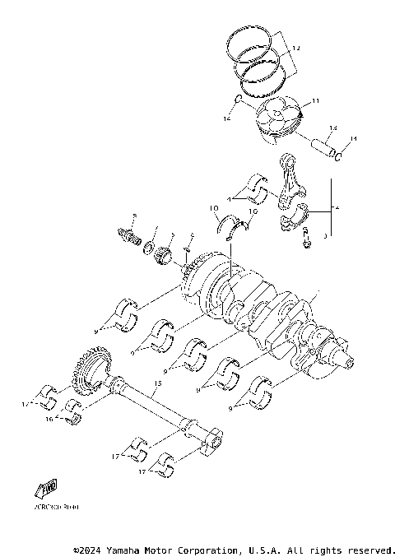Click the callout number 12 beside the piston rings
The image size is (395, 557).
[x=296, y=49]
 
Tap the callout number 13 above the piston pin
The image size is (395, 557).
[x=333, y=128]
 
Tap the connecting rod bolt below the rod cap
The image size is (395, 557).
[x=308, y=242]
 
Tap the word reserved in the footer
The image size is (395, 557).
[x=370, y=549]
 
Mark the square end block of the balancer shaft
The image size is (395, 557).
[x=211, y=438]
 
